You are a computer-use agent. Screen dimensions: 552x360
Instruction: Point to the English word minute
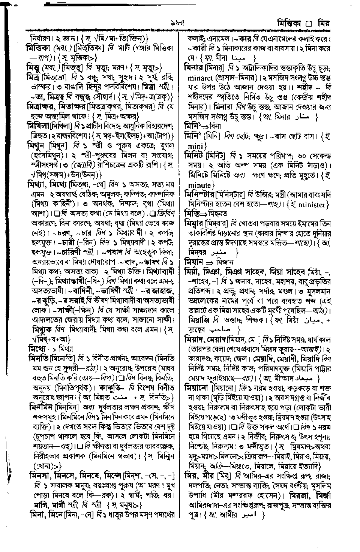coord(200,185)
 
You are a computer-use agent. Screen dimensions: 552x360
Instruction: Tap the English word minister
coord(312,205)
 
